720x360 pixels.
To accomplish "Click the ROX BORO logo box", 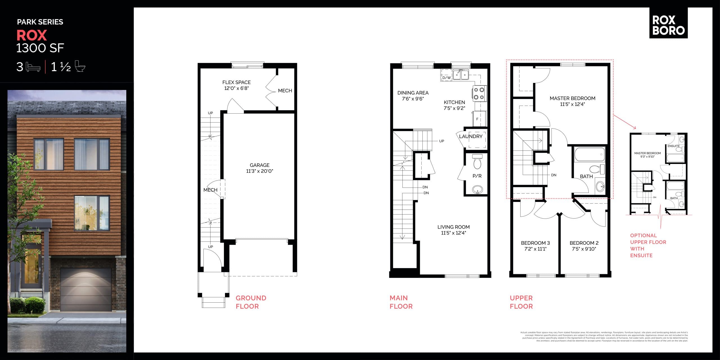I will [668, 23].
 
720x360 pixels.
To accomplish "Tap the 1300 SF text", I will [40, 48].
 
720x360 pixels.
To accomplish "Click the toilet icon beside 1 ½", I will [80, 67].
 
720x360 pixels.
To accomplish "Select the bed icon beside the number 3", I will [33, 67].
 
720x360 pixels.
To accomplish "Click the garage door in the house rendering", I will [86, 289].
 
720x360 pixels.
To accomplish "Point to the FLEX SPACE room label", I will [236, 82].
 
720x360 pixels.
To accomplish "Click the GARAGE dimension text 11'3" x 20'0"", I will [259, 171].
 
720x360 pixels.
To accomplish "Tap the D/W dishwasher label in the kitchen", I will [446, 78].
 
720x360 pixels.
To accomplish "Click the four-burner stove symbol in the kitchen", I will [479, 94].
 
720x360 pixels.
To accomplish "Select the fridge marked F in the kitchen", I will [478, 119].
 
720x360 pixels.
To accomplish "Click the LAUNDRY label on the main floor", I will [471, 136].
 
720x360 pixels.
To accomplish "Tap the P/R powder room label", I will [477, 176].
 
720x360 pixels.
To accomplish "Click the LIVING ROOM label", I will [453, 227].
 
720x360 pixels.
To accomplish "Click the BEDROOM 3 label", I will [535, 243].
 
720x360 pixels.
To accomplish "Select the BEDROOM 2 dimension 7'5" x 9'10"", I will [584, 249].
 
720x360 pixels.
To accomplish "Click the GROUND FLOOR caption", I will [251, 302].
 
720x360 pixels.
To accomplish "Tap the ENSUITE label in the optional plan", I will [673, 146].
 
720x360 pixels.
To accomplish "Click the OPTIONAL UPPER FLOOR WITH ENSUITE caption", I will [648, 245].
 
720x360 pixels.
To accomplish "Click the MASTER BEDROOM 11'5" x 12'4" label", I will [572, 101].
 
